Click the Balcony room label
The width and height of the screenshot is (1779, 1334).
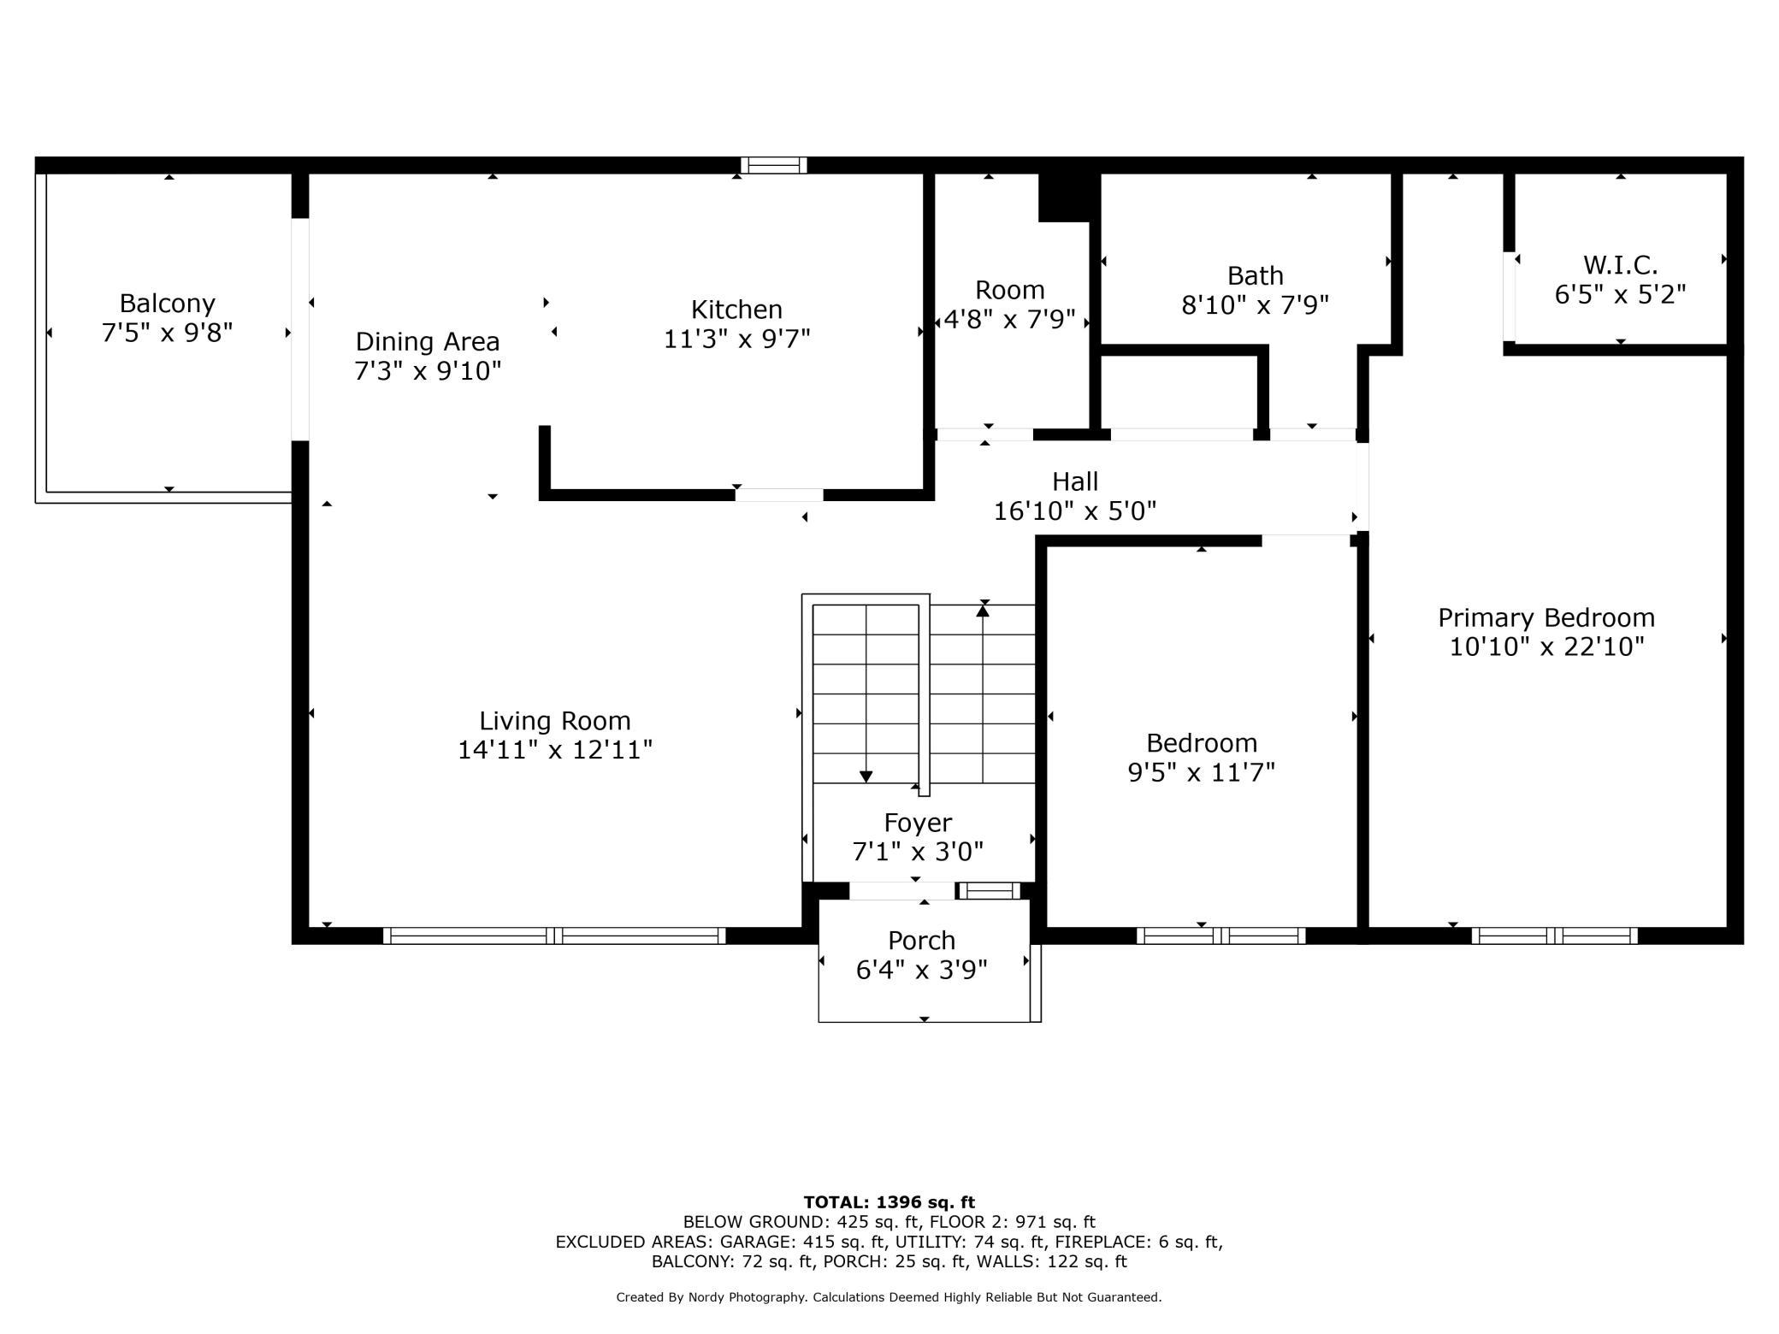coord(167,304)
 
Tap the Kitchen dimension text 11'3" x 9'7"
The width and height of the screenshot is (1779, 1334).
coord(737,339)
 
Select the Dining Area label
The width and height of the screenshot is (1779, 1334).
coord(428,342)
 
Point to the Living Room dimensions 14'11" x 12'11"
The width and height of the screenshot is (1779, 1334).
coord(555,750)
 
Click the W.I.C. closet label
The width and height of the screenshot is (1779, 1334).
coord(1620,265)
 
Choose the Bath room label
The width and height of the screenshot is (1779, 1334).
coord(1256,275)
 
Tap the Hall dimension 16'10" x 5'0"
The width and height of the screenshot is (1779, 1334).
coord(1075,511)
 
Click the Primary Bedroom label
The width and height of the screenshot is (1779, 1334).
coord(1546,617)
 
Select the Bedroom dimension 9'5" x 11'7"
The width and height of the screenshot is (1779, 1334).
coord(1202,772)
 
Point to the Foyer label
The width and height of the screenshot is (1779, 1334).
coord(918,823)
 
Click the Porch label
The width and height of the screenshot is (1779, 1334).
coord(921,941)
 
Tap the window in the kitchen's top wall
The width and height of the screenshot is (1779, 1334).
coord(773,165)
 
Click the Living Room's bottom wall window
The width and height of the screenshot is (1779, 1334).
coord(554,936)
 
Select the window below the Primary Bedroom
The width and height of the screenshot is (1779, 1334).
coord(1554,936)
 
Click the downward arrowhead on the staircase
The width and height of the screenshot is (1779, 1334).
coord(866,776)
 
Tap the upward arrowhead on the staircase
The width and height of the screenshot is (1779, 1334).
coord(984,610)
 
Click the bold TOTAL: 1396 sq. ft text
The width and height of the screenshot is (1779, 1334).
coord(889,1202)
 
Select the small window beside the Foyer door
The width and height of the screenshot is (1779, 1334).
coord(988,891)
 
